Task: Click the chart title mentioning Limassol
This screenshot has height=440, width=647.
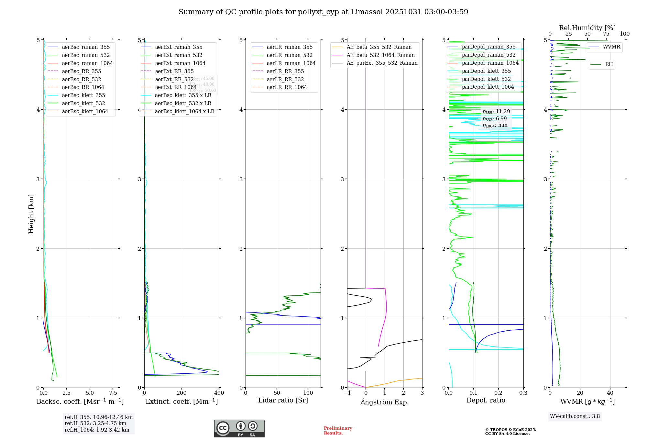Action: point(323,12)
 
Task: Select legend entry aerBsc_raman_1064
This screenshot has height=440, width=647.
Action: point(87,63)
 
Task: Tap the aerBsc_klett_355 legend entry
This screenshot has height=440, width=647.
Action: point(83,95)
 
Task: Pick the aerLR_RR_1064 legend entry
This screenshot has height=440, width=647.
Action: point(287,87)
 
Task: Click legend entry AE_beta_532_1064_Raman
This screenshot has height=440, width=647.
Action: point(380,55)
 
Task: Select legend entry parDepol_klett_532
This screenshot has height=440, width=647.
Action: point(486,79)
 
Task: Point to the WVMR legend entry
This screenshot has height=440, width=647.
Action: point(611,47)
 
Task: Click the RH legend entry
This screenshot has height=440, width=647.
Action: point(609,64)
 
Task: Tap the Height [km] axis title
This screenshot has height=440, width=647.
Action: point(31,214)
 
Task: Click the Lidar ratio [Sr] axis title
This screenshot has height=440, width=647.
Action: point(283,400)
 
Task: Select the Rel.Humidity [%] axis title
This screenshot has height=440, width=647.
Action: point(587,28)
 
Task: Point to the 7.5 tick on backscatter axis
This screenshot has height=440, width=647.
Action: point(113,393)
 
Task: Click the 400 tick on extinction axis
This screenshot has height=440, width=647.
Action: point(219,393)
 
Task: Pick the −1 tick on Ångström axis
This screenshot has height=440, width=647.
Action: point(347,393)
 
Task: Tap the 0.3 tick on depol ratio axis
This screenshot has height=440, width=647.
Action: point(523,393)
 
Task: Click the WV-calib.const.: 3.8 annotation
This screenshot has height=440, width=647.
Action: point(575,416)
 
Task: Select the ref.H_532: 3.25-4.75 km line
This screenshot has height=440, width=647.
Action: point(95,423)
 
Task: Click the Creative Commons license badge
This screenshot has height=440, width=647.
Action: point(239,428)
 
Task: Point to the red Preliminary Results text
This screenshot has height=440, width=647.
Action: point(338,430)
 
